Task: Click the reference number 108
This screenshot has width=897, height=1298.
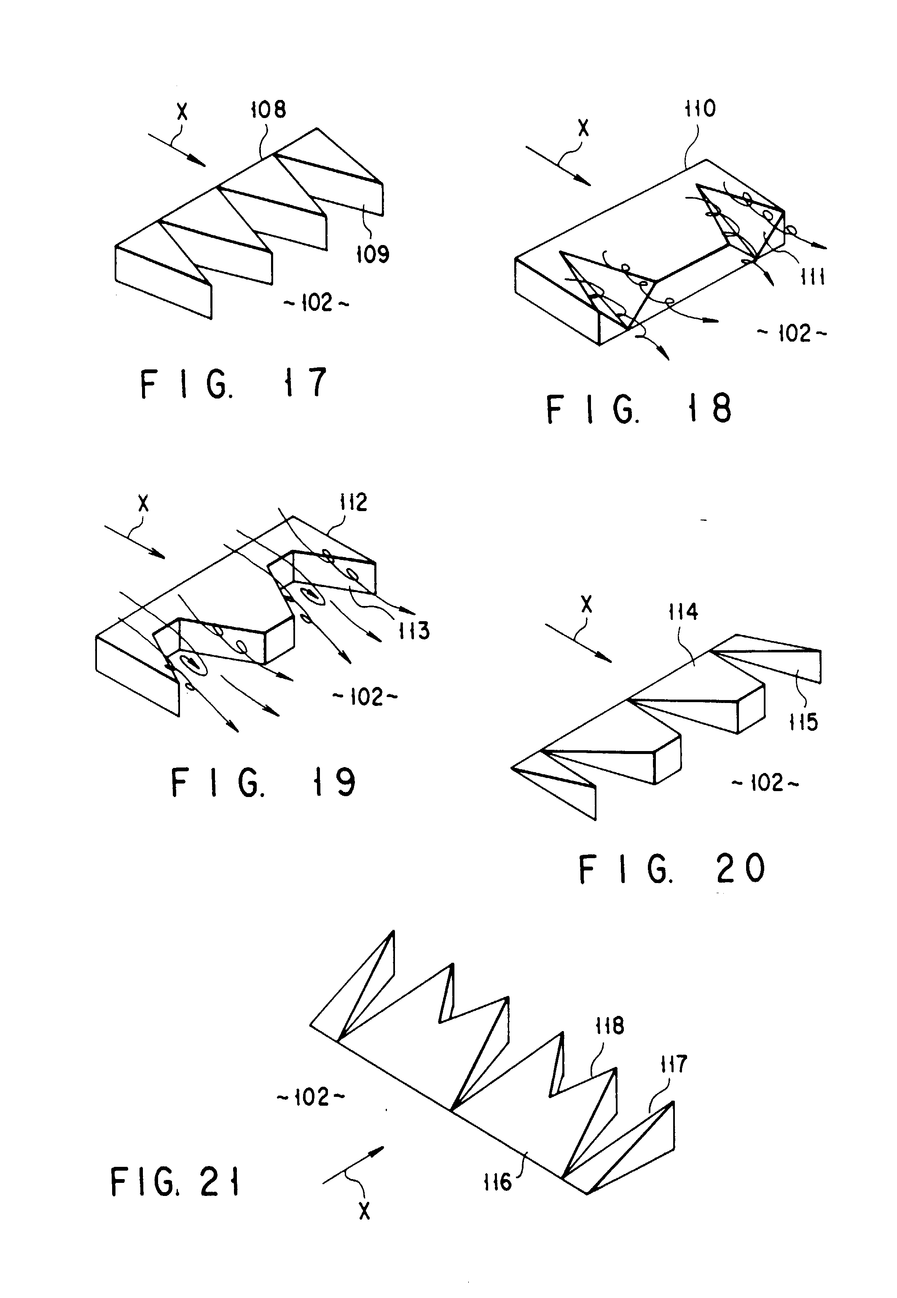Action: (x=268, y=110)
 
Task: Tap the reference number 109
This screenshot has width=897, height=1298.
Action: (x=373, y=254)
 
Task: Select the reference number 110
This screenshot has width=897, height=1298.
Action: (x=700, y=108)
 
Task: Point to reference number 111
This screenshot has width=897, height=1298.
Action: (x=813, y=277)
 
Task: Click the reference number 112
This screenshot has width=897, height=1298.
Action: (x=353, y=502)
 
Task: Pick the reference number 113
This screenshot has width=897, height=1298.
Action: (x=414, y=631)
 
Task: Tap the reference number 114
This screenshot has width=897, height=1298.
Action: (x=683, y=611)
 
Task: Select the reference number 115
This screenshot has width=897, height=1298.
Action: (x=803, y=722)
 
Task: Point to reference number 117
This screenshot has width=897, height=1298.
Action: (x=673, y=1064)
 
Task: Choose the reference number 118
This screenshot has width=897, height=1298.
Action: (x=609, y=1026)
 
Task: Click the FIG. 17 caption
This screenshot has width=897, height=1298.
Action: (x=233, y=383)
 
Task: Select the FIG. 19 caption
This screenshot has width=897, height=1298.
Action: (x=263, y=783)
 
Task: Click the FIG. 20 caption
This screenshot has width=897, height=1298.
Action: (x=672, y=869)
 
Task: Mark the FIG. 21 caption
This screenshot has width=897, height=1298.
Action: (x=175, y=1182)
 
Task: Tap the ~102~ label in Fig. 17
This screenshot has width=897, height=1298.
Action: (x=317, y=303)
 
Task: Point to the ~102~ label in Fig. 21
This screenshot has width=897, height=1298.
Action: (x=311, y=1097)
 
